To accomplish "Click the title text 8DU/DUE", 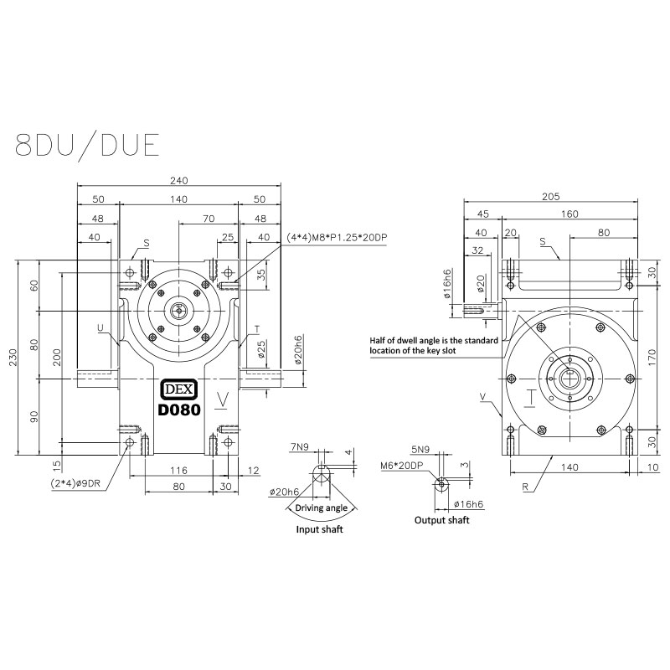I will pos(87,143).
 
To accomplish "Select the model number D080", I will pos(179,410).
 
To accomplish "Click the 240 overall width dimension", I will pos(178,180).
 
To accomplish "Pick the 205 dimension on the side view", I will pos(549,197).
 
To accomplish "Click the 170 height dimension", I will pos(653,355).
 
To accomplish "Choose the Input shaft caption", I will pos(320,529).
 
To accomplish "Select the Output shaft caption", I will pos(442,520).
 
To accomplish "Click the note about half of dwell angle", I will pos(435,346).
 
